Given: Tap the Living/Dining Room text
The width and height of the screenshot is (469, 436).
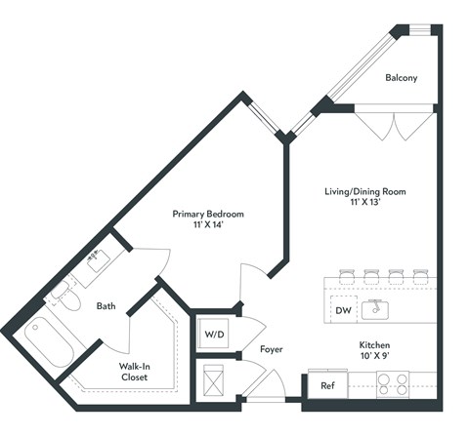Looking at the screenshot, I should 364,192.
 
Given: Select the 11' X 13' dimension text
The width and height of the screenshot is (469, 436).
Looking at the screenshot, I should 364,206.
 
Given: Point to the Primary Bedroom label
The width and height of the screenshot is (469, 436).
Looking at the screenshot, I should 208,214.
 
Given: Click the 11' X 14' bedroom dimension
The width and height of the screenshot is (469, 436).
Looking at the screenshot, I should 208,226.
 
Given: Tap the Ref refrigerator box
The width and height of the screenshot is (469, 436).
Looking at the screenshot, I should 328,386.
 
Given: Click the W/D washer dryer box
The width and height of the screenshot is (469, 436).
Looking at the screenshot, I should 213,334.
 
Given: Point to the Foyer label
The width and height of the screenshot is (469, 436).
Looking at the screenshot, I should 272,349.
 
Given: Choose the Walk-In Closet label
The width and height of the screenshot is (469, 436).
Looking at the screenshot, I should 135,371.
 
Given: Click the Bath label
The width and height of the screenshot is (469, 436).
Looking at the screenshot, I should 106,306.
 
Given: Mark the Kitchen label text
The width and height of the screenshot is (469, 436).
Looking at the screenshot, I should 377,345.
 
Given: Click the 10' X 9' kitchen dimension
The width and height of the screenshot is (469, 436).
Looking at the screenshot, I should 377,358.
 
